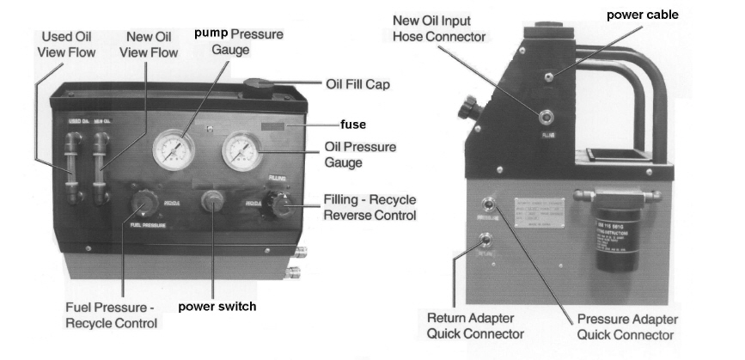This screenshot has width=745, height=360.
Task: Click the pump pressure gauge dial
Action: pos(174,149)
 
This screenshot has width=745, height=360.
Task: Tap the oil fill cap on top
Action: pos(258,86)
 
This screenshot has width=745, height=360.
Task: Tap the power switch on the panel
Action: pos(211,206)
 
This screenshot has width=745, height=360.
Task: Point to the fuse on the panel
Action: pos(276,126)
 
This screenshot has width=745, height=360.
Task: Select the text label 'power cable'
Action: pos(642,15)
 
